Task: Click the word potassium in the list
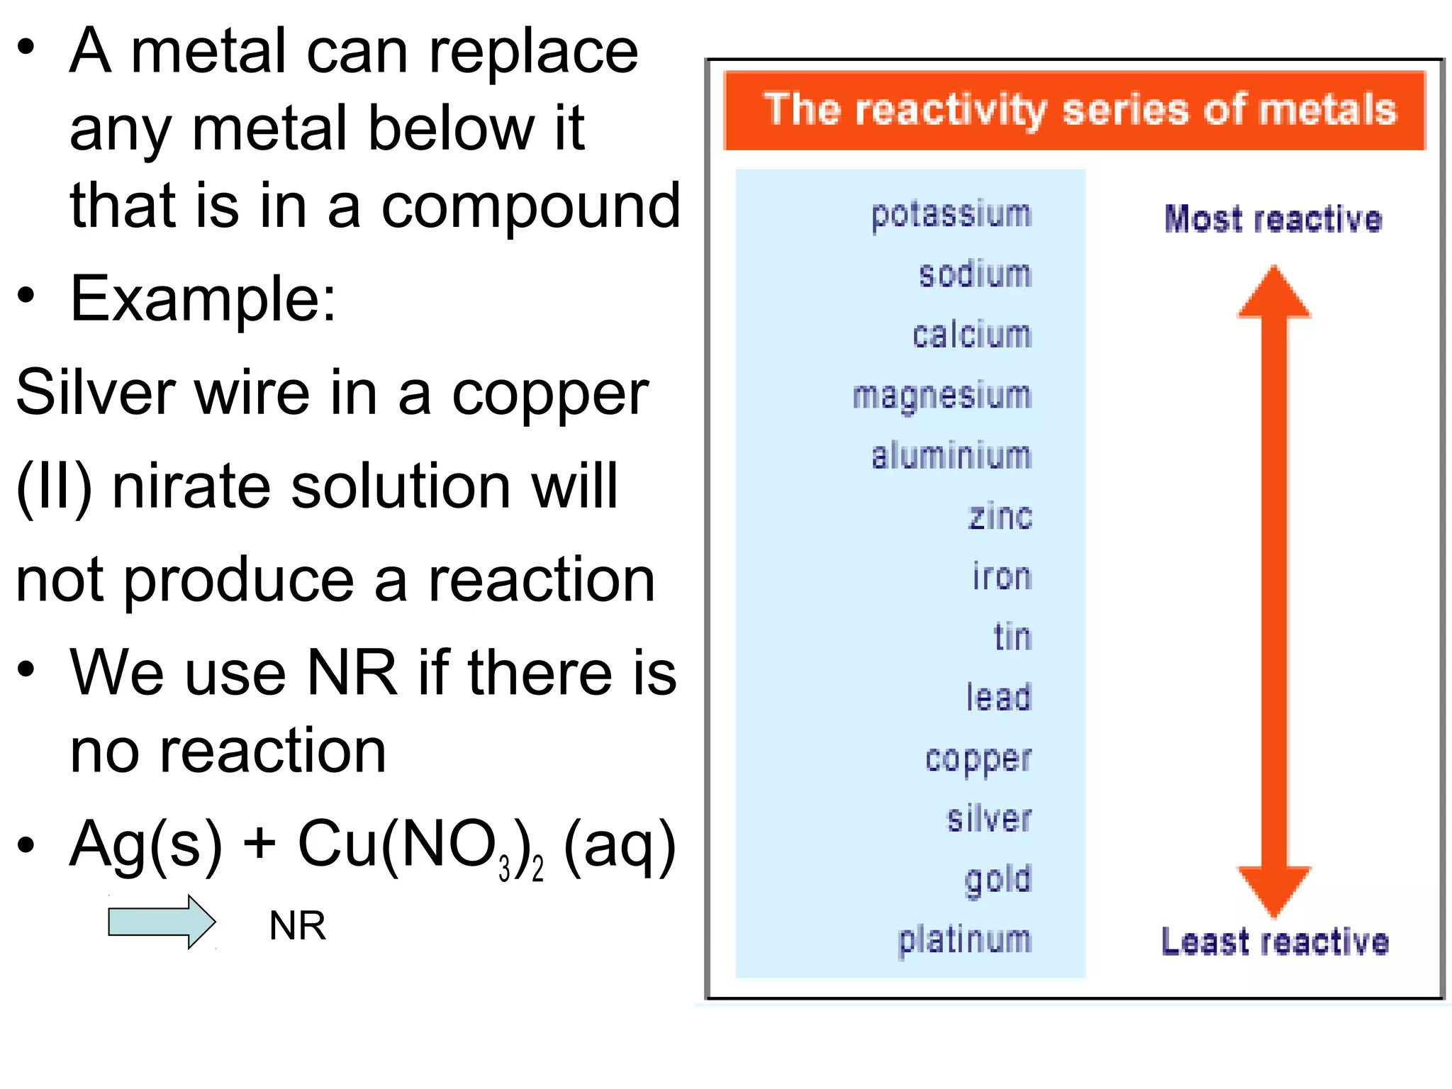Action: point(951,215)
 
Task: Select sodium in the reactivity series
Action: point(975,274)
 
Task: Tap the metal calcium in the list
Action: point(971,335)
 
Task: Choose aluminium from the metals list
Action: point(951,456)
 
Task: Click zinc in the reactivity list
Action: point(1000,516)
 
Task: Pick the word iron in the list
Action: point(1001,576)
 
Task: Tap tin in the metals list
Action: point(1012,637)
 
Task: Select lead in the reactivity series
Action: point(998,697)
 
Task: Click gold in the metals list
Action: point(998,880)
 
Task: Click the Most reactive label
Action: point(1273,219)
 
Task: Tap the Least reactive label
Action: point(1274,942)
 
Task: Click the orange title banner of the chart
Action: point(1074,111)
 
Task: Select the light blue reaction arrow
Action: point(162,922)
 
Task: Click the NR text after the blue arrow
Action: point(298,926)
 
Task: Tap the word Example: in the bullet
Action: point(203,299)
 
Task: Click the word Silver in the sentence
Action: point(95,393)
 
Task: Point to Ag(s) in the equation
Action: point(145,844)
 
